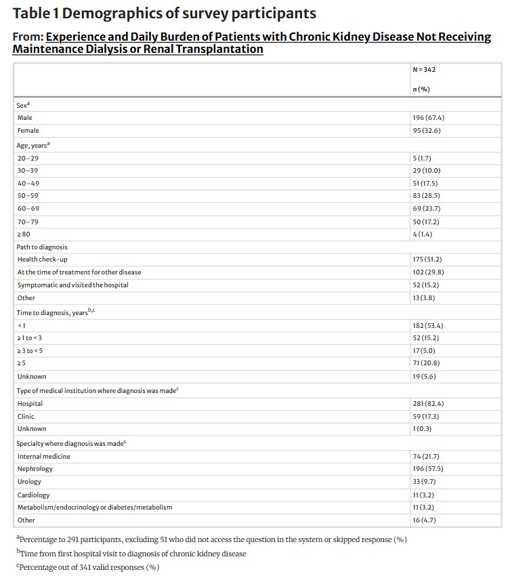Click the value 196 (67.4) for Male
click(x=428, y=118)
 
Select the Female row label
click(x=28, y=131)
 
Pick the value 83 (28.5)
click(x=426, y=195)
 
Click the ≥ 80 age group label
click(x=24, y=234)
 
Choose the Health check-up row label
click(x=42, y=260)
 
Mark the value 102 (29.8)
click(x=428, y=272)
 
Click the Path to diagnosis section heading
click(x=42, y=247)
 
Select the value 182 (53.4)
click(x=428, y=325)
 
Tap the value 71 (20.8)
click(x=426, y=364)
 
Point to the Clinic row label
click(x=26, y=417)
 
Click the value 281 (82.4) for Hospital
click(x=428, y=404)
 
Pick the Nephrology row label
click(x=35, y=469)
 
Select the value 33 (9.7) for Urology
click(x=424, y=482)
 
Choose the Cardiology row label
click(x=34, y=495)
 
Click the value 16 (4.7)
click(x=424, y=520)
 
